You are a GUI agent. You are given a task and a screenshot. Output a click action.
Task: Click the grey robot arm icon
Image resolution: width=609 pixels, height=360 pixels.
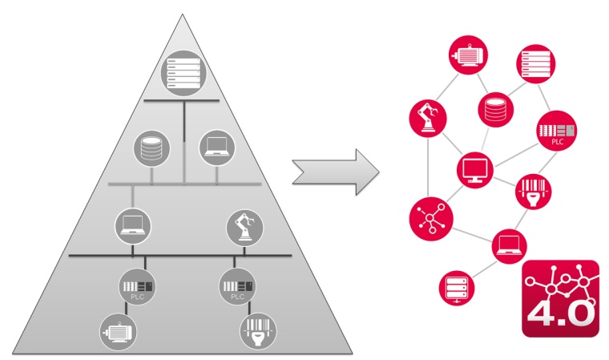pos(245,227)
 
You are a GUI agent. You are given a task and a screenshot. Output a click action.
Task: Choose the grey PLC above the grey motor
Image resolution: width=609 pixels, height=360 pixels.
pos(135,287)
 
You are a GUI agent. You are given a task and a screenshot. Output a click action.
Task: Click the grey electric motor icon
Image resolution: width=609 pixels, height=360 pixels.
pos(117,330)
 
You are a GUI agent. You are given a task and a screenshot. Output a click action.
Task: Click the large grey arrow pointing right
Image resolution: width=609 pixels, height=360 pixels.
pos(335,170)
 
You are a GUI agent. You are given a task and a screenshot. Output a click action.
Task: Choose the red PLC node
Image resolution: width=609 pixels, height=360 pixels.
pos(558,131)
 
